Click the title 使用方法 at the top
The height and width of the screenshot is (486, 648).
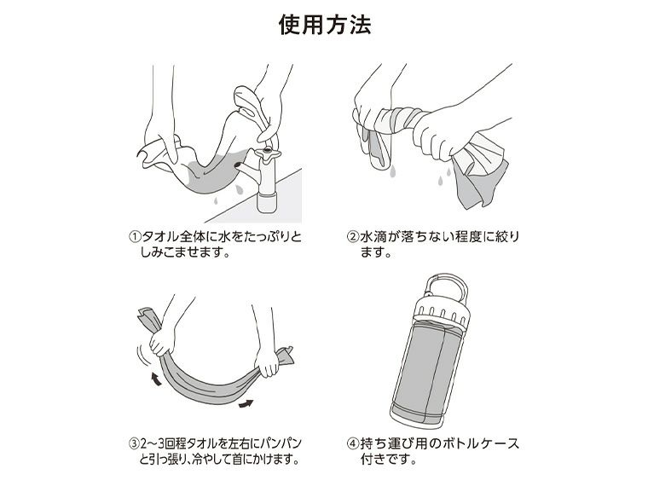[x=324, y=25]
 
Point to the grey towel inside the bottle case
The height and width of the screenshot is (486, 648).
[x=436, y=366]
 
